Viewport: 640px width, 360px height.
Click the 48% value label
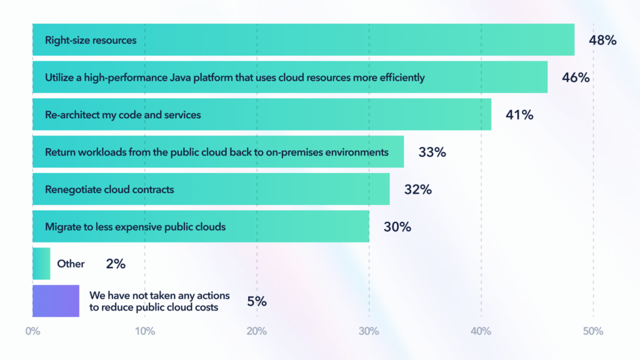click(602, 41)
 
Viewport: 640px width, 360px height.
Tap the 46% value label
click(576, 78)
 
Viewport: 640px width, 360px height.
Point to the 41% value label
click(519, 115)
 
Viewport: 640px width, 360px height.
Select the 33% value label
click(432, 152)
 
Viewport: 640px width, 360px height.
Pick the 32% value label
click(417, 189)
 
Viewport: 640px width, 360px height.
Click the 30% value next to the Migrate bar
click(397, 227)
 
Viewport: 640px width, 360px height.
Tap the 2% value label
click(116, 264)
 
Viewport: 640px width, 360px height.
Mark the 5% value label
click(257, 301)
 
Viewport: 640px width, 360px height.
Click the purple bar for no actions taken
click(56, 301)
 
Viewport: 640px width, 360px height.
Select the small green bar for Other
click(41, 264)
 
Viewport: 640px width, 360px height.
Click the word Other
click(71, 264)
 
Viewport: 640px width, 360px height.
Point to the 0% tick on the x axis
click(32, 331)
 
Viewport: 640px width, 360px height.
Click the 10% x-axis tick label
click(145, 331)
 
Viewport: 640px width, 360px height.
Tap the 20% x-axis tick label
click(257, 331)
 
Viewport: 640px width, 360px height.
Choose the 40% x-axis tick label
click(481, 331)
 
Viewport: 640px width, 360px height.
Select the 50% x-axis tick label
click(593, 331)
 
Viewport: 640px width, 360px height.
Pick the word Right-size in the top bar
click(65, 41)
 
